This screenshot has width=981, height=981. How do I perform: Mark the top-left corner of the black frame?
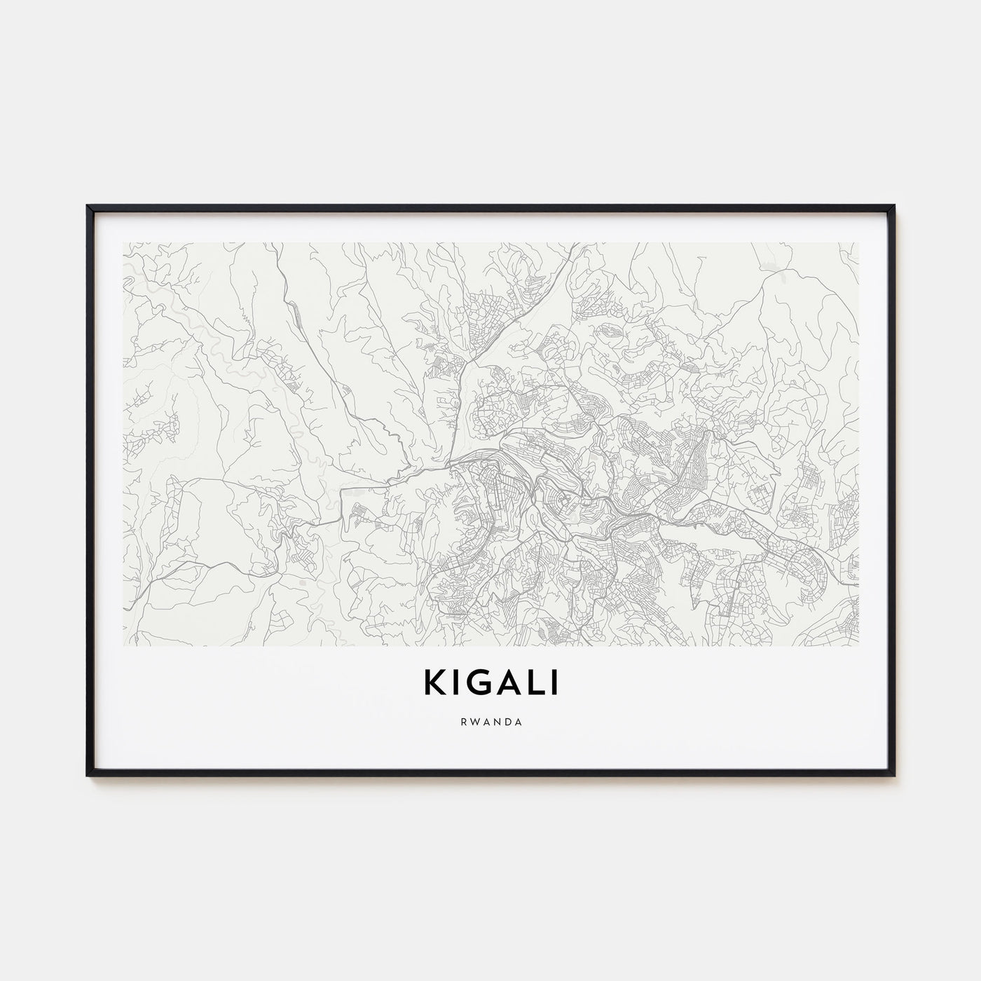(x=88, y=205)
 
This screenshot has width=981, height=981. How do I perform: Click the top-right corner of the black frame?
(x=893, y=205)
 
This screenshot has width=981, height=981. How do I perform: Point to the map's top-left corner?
(x=123, y=243)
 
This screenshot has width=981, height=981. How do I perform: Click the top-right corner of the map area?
(x=858, y=243)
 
